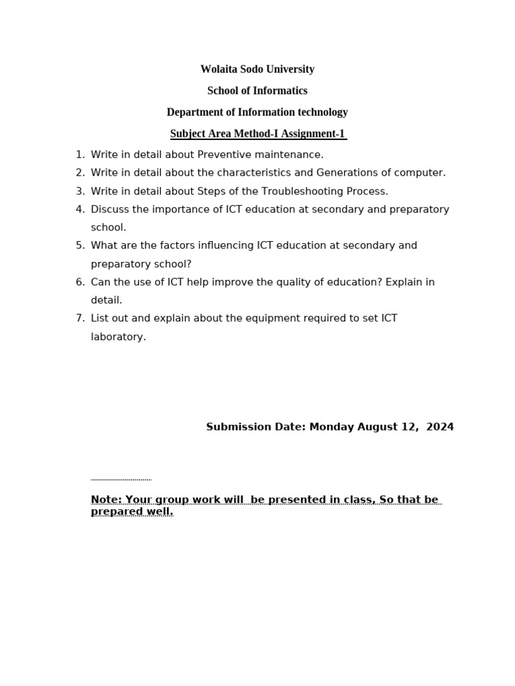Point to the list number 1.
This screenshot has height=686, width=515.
tap(79, 155)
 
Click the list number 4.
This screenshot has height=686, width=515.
tap(79, 210)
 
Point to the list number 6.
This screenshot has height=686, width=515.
tap(79, 283)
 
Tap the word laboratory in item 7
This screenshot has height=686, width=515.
tap(118, 337)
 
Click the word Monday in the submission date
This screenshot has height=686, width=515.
tap(332, 427)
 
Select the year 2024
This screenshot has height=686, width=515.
tap(440, 427)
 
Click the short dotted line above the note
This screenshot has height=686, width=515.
tap(121, 480)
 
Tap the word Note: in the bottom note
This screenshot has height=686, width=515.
tap(107, 500)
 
